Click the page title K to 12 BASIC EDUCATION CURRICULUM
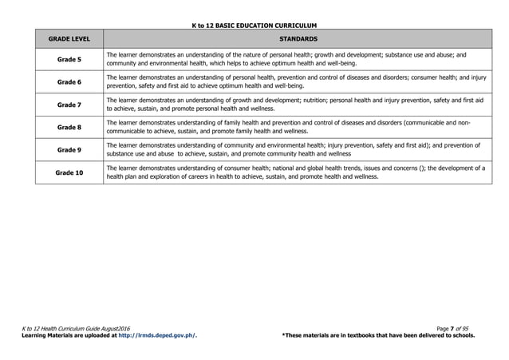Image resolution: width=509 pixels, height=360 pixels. tap(254, 26)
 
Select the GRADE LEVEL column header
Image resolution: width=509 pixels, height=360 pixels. tap(69, 38)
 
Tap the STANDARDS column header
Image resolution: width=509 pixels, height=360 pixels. tap(298, 38)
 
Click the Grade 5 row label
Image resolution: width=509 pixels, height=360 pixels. tap(69, 59)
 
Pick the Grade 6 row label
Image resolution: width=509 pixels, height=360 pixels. tap(69, 82)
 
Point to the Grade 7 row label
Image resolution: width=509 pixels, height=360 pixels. tap(69, 105)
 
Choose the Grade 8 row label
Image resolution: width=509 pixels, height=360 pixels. tap(69, 127)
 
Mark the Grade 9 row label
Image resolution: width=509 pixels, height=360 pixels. tap(69, 149)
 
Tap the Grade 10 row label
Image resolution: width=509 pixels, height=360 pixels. tap(69, 172)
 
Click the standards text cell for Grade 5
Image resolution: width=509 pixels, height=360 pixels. tap(287, 59)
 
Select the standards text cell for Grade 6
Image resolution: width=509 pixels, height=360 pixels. tap(287, 81)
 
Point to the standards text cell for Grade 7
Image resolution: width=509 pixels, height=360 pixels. tap(287, 105)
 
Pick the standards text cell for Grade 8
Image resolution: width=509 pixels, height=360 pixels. tap(287, 127)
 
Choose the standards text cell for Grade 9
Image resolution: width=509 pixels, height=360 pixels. tap(287, 149)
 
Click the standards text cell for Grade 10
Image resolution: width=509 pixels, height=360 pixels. tap(287, 172)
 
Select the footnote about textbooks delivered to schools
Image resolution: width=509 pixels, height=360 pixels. tap(378, 335)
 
